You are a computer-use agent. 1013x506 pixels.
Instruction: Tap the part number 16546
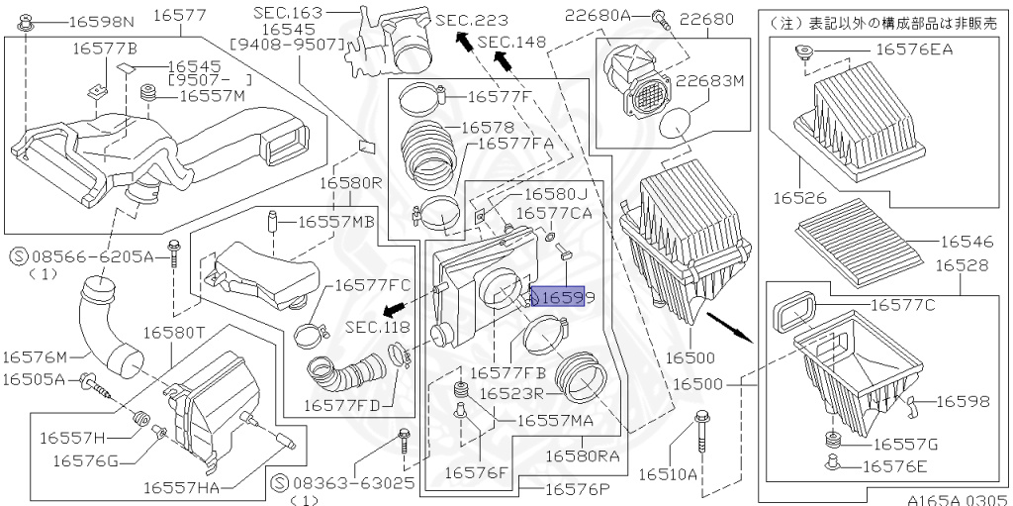pyautogui.click(x=970, y=241)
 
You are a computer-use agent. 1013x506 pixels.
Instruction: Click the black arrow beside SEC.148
pyautogui.click(x=503, y=60)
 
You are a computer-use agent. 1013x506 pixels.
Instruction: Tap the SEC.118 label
pyautogui.click(x=376, y=327)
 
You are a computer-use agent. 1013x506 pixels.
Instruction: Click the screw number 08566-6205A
pyautogui.click(x=103, y=255)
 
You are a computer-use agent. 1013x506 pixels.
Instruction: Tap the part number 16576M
pyautogui.click(x=35, y=356)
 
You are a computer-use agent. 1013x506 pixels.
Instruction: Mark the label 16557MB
pyautogui.click(x=332, y=222)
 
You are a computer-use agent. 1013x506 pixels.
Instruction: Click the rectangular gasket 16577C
pyautogui.click(x=793, y=308)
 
